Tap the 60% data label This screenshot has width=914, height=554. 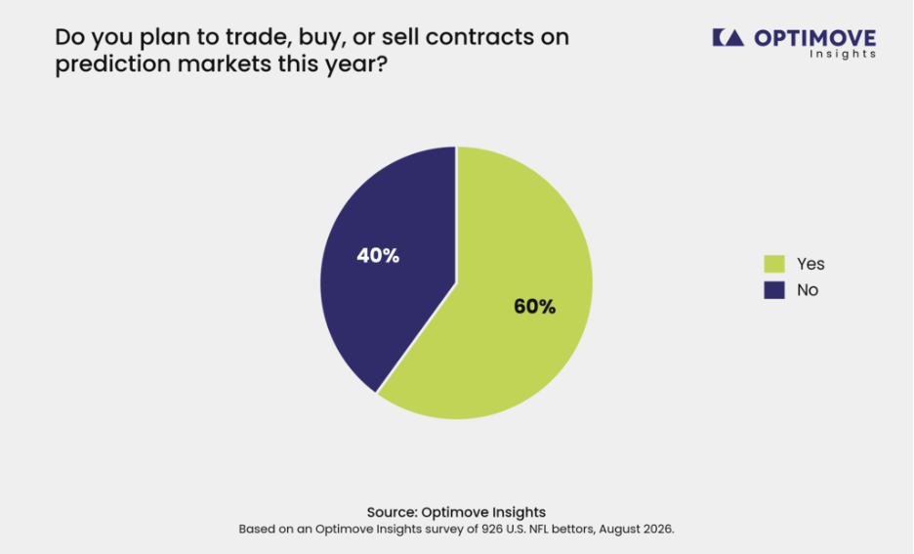coord(534,307)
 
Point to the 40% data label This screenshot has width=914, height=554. coord(378,255)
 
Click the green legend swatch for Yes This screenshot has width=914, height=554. coord(774,264)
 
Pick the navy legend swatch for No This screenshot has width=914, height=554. coord(774,290)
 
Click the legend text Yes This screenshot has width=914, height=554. coord(810,264)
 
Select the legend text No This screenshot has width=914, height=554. coord(808,290)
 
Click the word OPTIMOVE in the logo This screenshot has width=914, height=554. coord(815,38)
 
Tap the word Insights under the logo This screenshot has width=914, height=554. coord(843,55)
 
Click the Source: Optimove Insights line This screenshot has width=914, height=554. coord(456,512)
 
